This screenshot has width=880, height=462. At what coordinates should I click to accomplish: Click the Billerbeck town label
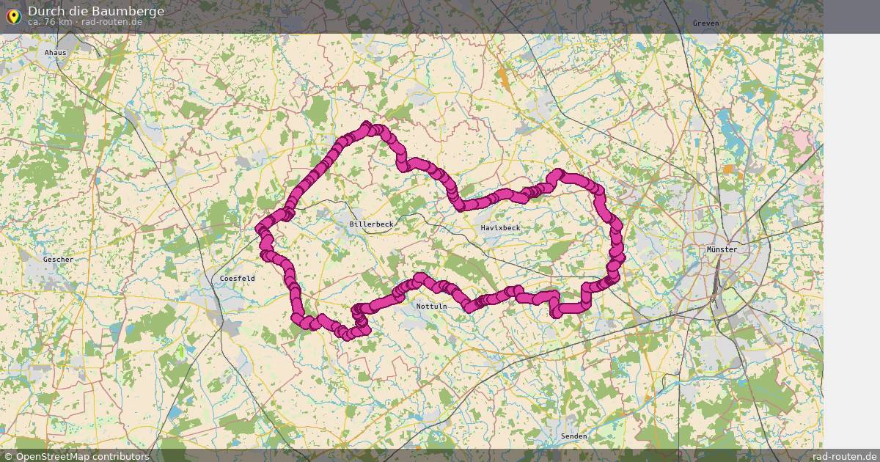[x=371, y=224]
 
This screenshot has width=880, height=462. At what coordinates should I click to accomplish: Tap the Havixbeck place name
[x=500, y=228]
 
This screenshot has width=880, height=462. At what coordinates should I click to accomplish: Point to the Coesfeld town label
[x=237, y=279]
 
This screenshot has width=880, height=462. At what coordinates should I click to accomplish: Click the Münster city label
[x=722, y=249]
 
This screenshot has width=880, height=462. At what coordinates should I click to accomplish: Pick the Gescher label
[x=58, y=260]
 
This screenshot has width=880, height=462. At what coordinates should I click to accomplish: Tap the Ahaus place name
[x=55, y=53]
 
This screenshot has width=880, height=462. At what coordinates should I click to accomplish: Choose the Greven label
[x=705, y=23]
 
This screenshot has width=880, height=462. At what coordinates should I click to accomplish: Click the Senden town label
[x=573, y=436]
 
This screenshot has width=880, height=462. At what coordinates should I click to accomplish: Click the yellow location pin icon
[x=13, y=15]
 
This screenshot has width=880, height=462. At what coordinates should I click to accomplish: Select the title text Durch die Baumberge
[x=96, y=11]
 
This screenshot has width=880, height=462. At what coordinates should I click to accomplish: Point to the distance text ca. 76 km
[x=50, y=22]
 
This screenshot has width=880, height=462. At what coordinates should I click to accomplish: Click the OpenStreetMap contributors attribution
[x=82, y=456]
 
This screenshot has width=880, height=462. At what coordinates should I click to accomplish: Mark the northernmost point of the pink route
[x=367, y=125]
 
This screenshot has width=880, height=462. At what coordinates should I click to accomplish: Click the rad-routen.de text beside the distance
[x=111, y=22]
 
